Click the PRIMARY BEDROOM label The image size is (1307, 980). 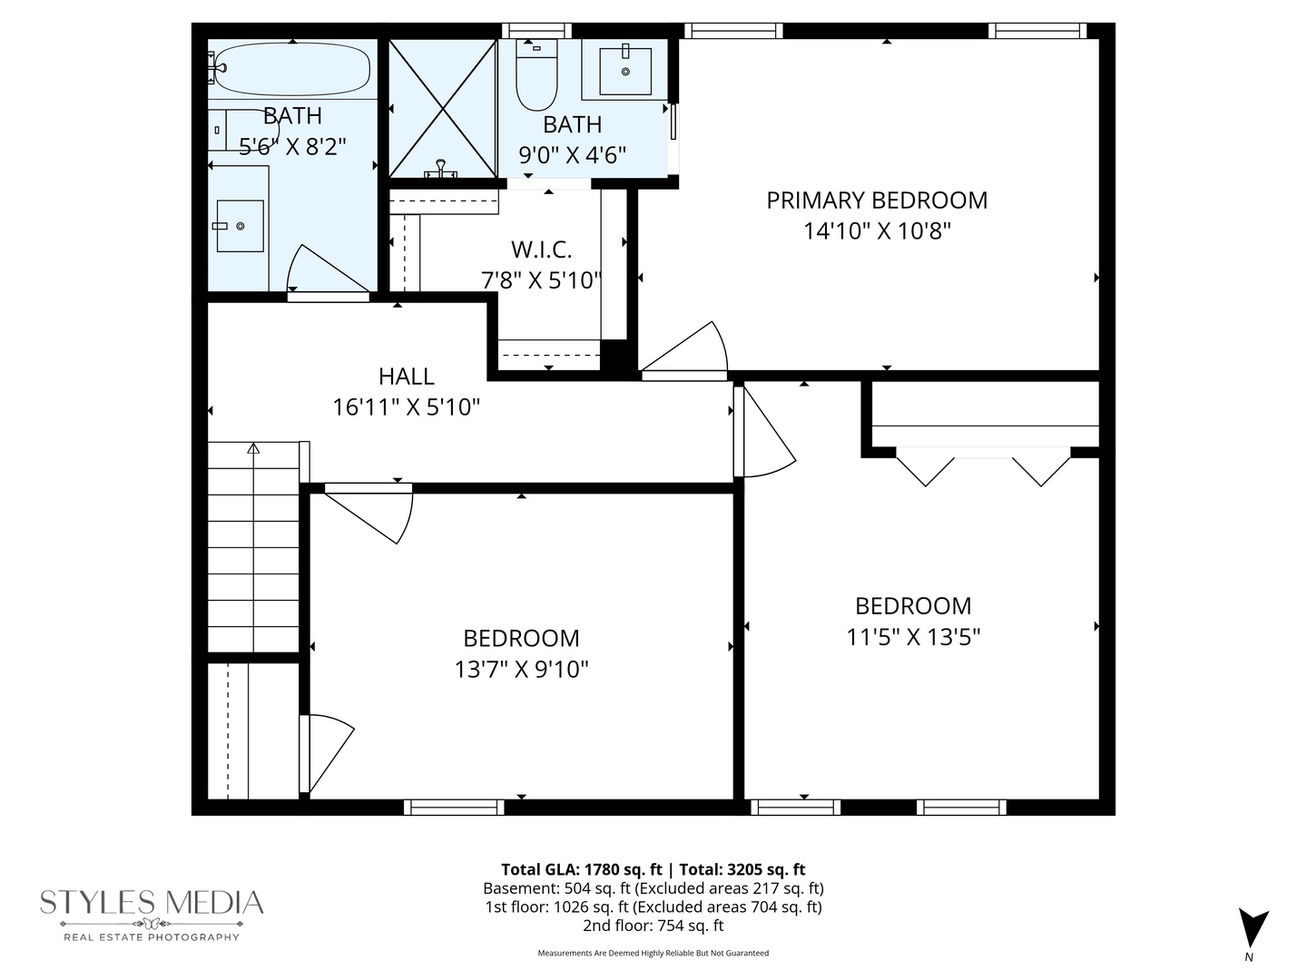(877, 201)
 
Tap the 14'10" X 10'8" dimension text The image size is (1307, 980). (877, 231)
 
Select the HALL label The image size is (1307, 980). (406, 376)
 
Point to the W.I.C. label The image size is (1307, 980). (541, 250)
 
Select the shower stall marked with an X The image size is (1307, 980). (443, 109)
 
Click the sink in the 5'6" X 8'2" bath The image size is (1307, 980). (241, 226)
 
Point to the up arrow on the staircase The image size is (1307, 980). (253, 448)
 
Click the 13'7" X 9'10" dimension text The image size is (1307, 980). (521, 670)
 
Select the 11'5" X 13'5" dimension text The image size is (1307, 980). (913, 637)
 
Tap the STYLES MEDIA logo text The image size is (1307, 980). (152, 903)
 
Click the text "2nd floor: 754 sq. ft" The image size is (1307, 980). (653, 926)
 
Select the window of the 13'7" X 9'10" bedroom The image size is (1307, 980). (454, 807)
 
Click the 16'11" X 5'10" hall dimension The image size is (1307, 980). (406, 407)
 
